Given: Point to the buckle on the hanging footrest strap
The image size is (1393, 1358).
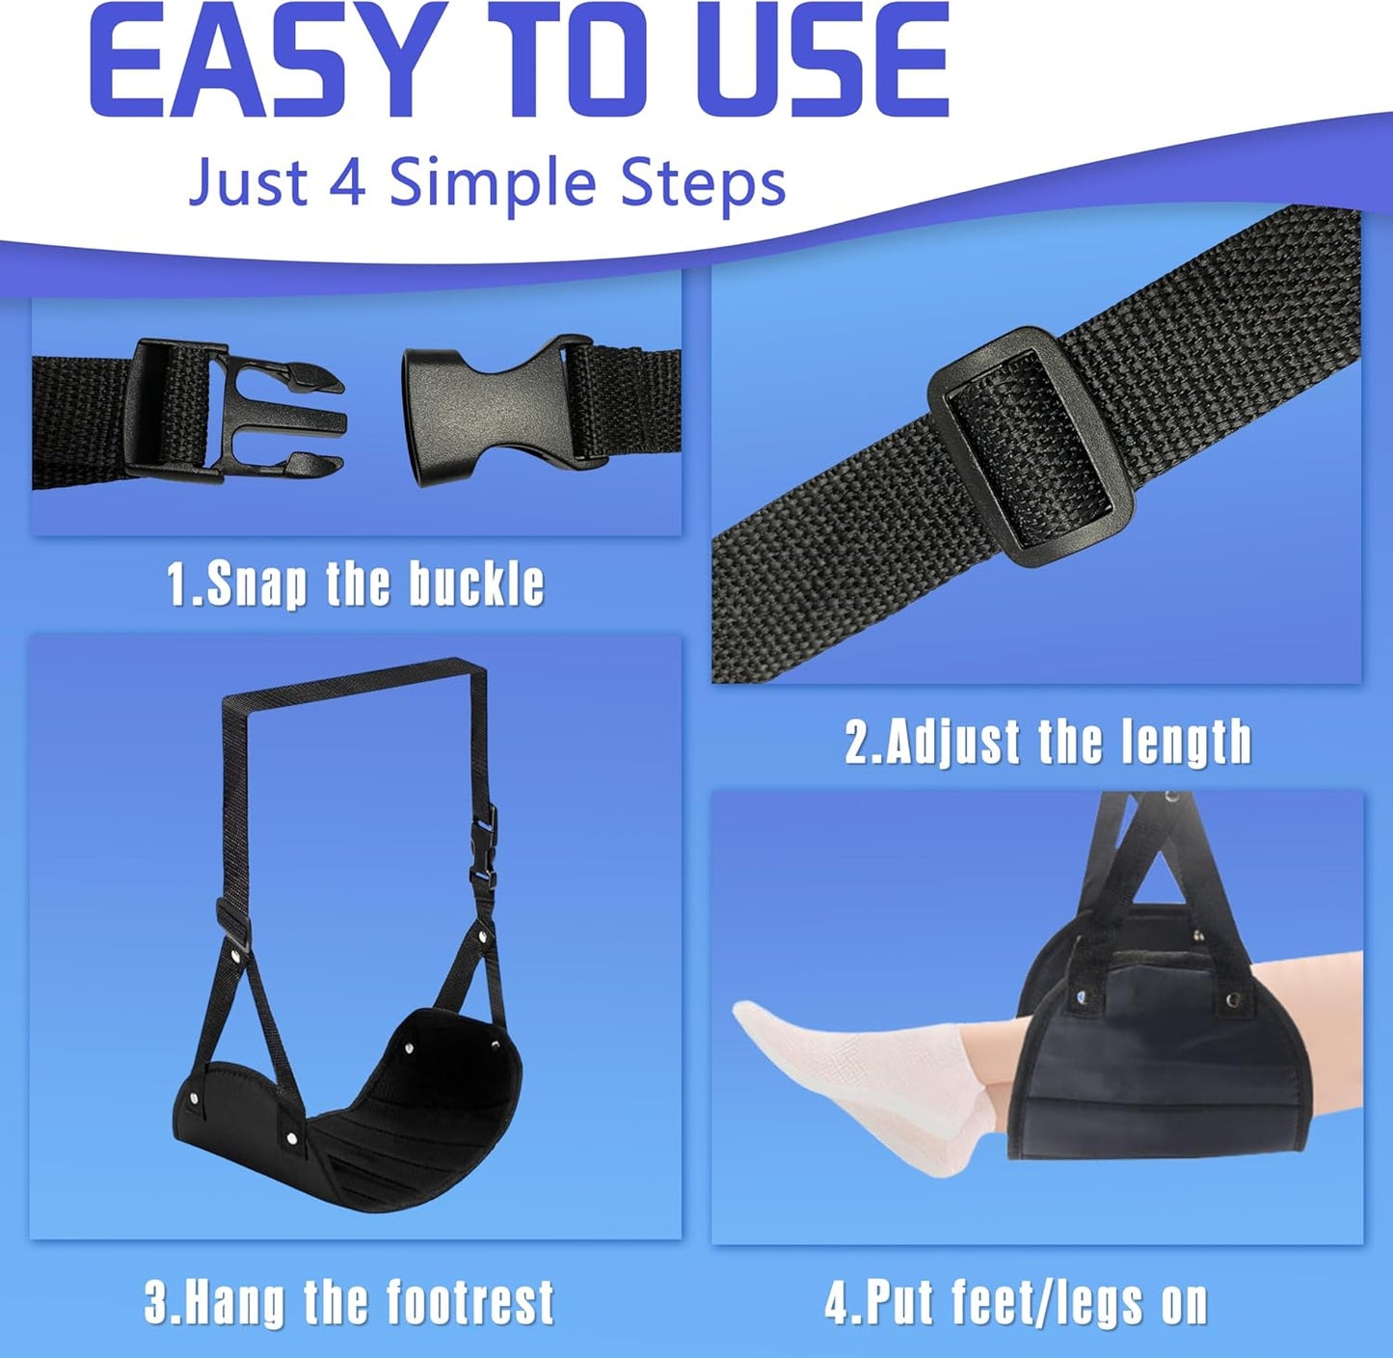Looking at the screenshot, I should (484, 849).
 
